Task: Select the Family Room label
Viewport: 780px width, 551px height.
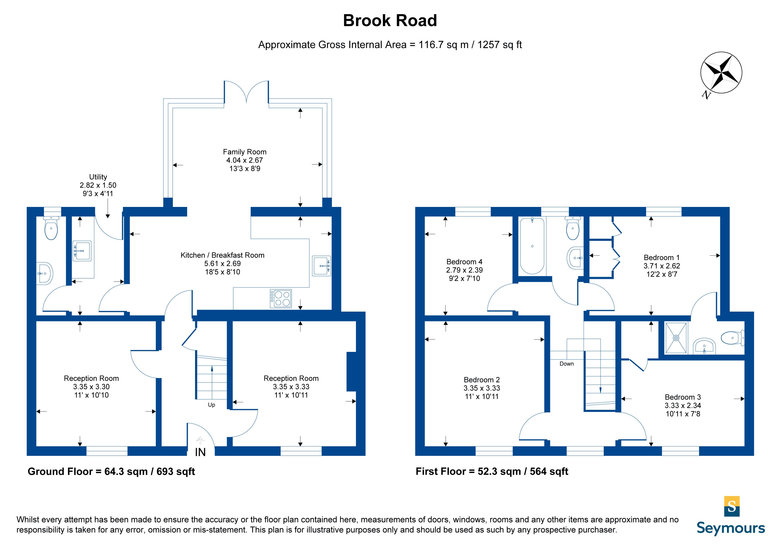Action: tap(245, 152)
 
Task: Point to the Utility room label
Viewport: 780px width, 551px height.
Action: tap(98, 177)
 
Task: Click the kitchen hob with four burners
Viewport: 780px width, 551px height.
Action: tap(281, 298)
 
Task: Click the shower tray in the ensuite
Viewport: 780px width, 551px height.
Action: tap(676, 338)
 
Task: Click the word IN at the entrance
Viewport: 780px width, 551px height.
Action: tap(200, 452)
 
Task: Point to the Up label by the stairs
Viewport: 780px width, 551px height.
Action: tap(211, 405)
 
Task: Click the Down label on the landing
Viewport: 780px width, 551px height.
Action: tap(567, 364)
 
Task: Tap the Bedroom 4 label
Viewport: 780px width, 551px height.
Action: tap(464, 262)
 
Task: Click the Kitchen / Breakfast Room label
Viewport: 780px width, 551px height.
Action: tap(222, 255)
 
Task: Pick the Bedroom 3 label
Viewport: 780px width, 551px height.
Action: tap(683, 397)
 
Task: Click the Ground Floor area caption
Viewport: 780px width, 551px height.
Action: tap(111, 471)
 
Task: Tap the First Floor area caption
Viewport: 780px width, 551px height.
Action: tap(492, 471)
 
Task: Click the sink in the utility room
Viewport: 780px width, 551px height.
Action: tap(82, 251)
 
